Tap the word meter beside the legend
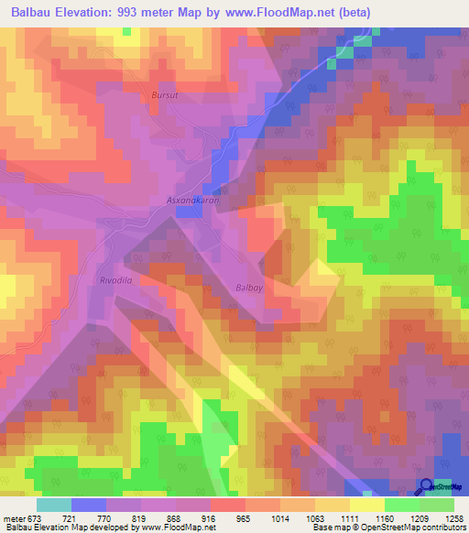pyautogui.click(x=15, y=517)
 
